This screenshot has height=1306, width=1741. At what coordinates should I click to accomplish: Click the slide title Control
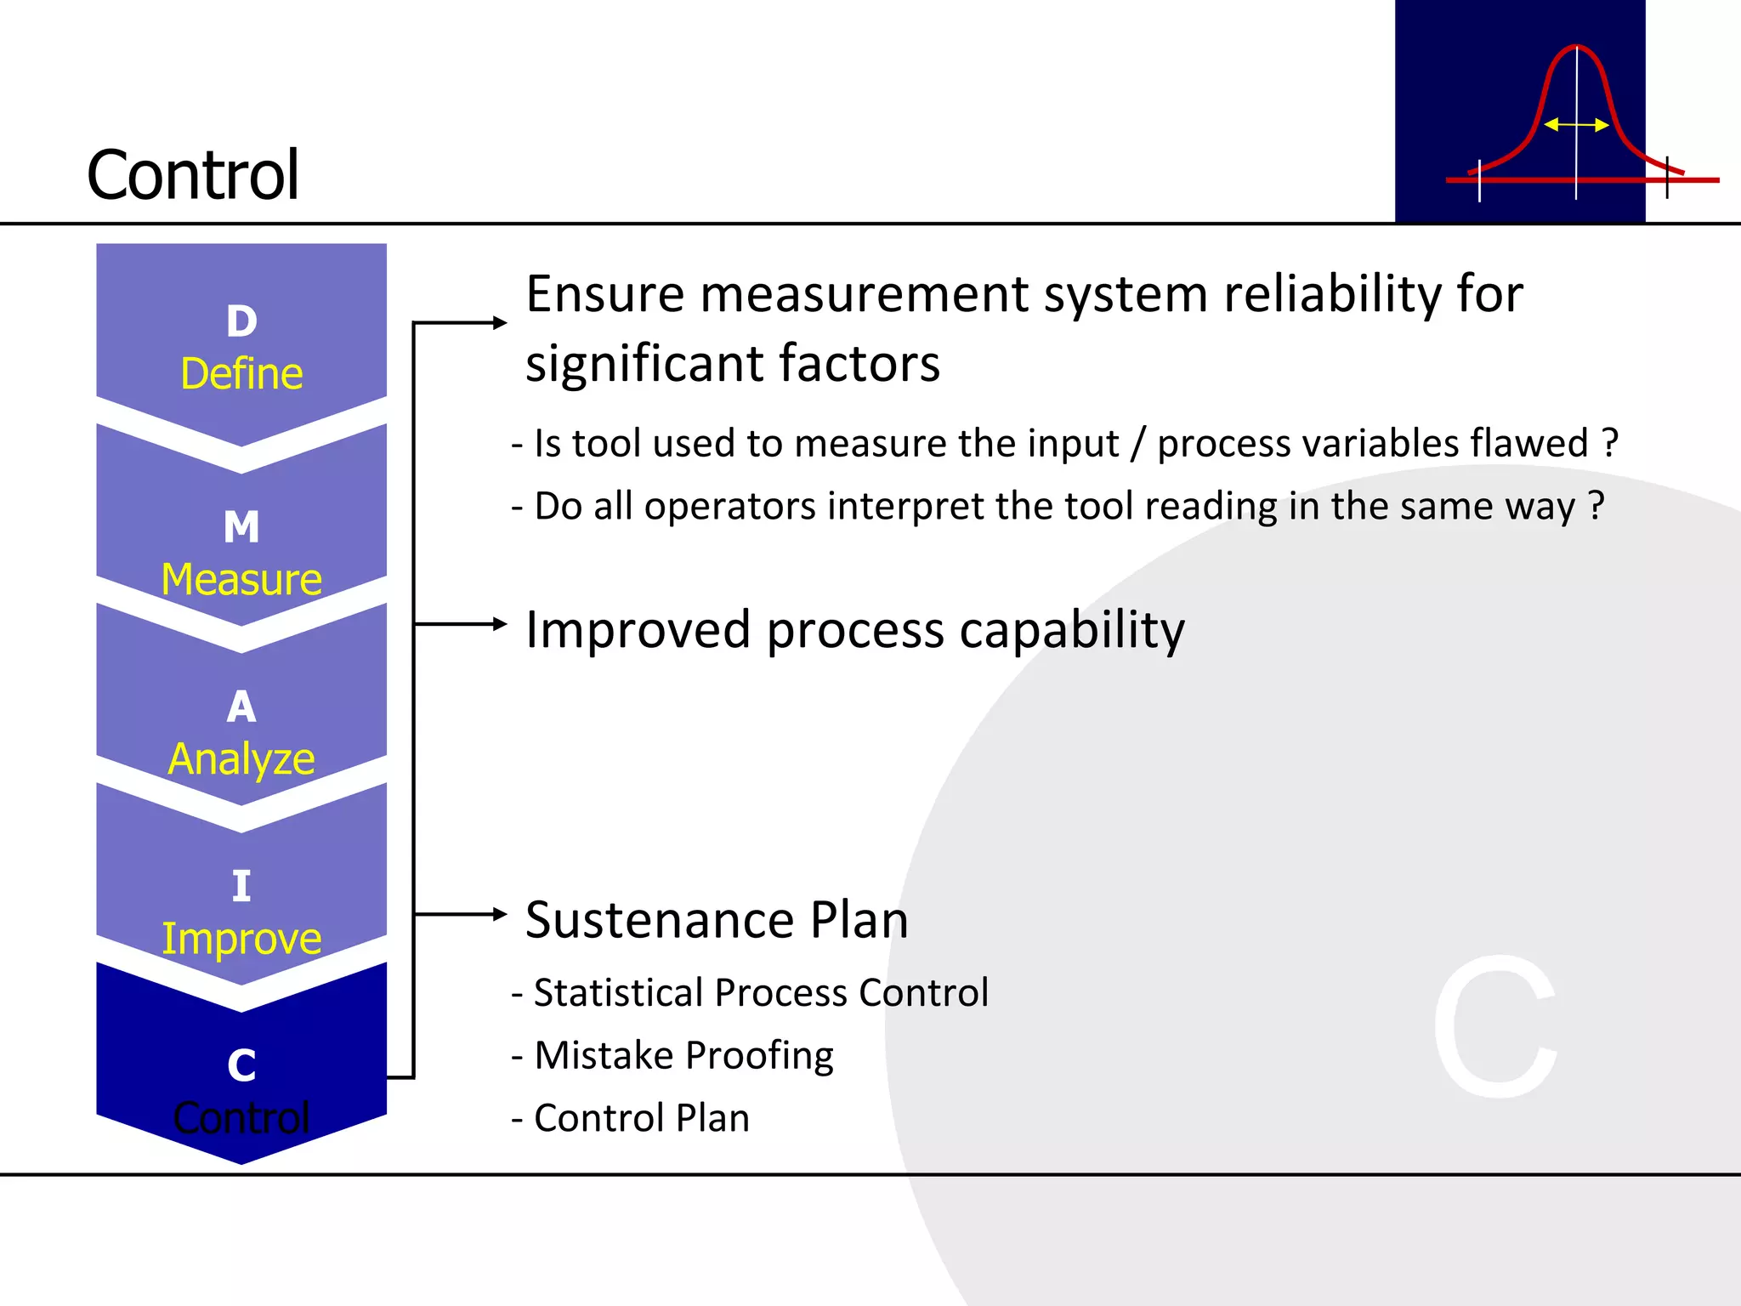coord(193,175)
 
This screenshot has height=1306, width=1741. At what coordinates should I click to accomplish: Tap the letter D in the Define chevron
coord(241,321)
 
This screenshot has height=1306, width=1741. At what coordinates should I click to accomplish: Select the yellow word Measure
coord(241,579)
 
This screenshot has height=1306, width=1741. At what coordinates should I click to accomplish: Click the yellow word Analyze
coord(241,758)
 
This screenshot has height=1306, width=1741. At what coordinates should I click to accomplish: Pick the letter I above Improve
coord(241,886)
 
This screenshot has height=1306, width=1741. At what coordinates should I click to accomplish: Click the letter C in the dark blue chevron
coord(241,1065)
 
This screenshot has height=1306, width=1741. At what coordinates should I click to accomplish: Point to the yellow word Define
coord(241,374)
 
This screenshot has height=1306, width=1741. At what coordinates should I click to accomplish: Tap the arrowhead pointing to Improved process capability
coord(500,624)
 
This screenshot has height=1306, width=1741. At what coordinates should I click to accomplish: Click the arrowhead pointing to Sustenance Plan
coord(500,914)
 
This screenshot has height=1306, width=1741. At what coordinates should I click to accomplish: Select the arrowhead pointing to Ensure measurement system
coord(500,322)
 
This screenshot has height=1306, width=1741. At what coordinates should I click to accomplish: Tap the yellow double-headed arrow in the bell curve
coord(1576,125)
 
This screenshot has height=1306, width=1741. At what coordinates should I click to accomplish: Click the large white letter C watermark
coord(1496,1026)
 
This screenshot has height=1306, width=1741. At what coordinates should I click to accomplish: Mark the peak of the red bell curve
coord(1576,47)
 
